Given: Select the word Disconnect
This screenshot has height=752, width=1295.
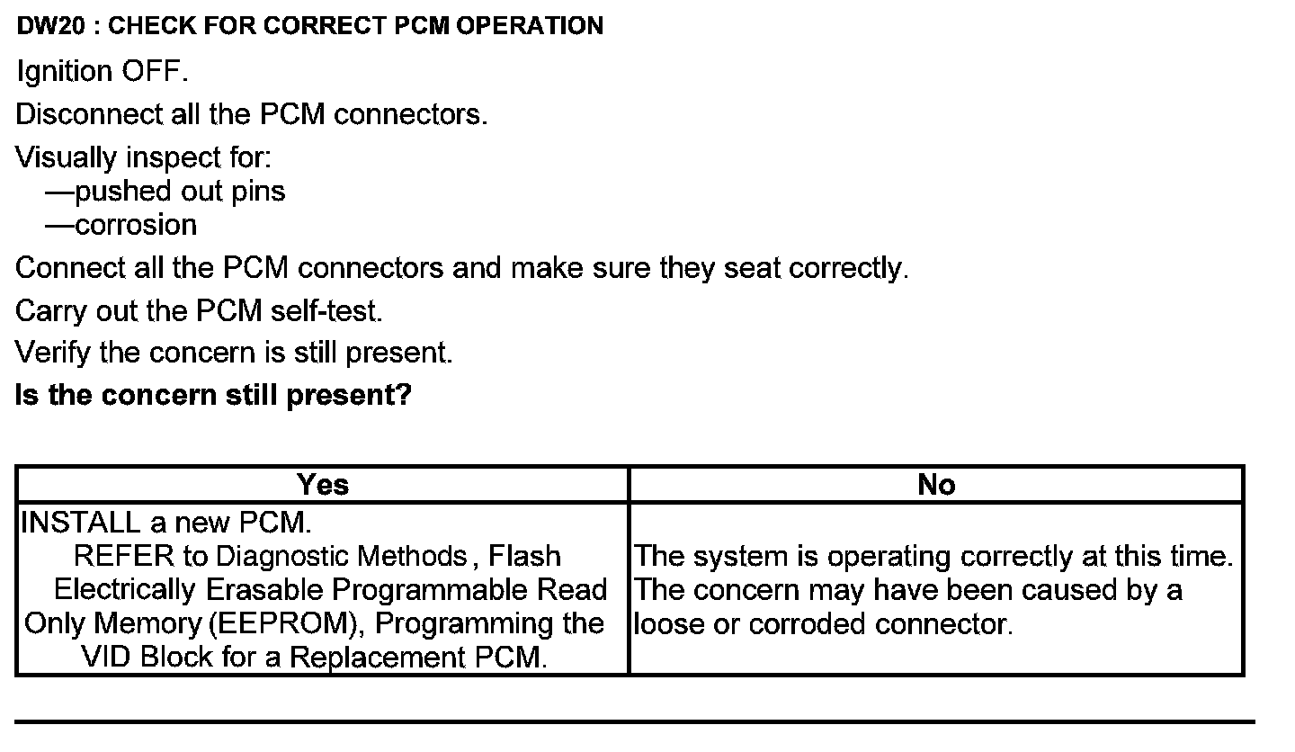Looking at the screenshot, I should pos(90,115).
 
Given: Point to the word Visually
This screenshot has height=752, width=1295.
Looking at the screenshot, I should pos(67,158).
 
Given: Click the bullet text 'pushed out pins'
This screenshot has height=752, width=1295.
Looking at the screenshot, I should pos(180,192).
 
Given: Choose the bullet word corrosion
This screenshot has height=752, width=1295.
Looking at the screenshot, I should pos(136,225).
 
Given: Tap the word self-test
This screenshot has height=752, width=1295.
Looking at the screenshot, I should pos(326,311).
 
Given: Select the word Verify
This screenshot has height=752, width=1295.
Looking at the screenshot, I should pos(53,353).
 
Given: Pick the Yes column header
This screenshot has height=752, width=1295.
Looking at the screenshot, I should pos(322,485).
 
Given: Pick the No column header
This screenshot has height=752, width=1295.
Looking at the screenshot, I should pos(936,485).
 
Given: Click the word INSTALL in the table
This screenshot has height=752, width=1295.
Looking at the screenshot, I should pos(81,523).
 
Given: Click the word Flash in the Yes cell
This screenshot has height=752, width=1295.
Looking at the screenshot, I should pos(525,557).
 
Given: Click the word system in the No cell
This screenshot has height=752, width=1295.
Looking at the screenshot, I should pos(741,557).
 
